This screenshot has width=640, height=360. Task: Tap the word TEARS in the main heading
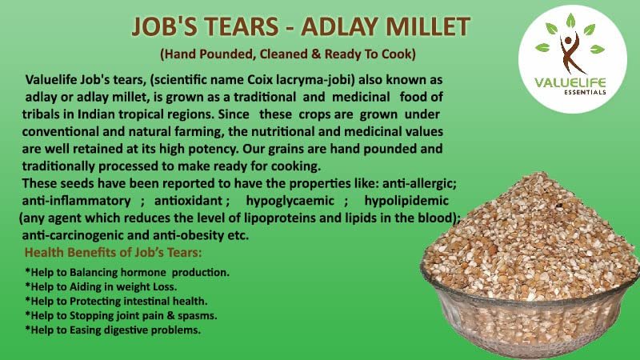(x=242, y=26)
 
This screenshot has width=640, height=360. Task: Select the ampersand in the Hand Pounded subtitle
(x=316, y=54)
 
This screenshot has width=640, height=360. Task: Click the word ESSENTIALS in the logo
(x=585, y=92)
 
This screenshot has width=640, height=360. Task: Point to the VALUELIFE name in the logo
(x=570, y=82)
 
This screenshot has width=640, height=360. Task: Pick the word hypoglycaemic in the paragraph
(x=290, y=201)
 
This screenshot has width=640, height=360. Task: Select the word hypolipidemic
(x=406, y=201)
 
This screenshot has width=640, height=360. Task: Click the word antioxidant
(x=188, y=201)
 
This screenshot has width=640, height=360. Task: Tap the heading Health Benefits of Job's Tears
(x=113, y=252)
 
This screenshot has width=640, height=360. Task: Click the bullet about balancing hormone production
(x=127, y=272)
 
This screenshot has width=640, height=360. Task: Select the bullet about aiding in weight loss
(x=101, y=286)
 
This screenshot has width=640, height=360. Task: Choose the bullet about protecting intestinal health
(x=116, y=301)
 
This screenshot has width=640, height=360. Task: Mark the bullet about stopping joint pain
(x=121, y=315)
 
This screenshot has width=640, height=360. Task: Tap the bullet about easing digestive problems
(x=113, y=330)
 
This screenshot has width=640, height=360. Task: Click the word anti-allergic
(x=419, y=184)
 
